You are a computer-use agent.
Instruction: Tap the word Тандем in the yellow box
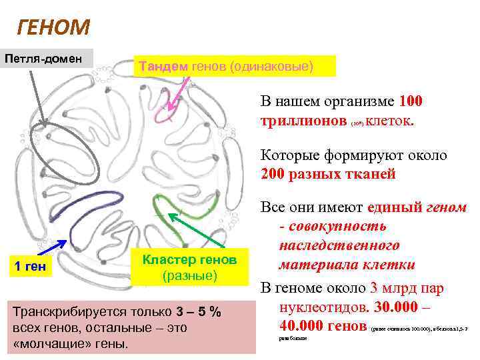(x=163, y=66)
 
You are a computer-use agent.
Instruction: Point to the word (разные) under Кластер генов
(x=190, y=275)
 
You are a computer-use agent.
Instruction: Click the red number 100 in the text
(x=410, y=102)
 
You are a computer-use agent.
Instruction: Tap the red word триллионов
(x=303, y=122)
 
